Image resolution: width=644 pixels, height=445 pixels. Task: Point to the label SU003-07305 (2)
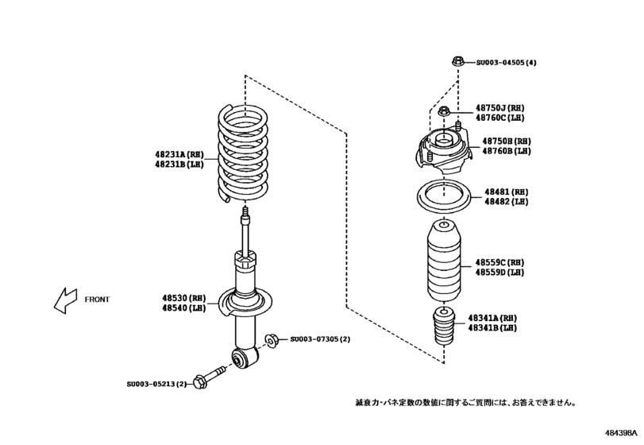[x=319, y=339]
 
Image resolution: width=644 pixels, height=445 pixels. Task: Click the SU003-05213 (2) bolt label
[x=156, y=385]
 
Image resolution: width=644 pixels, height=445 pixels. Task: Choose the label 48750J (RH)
[x=500, y=107]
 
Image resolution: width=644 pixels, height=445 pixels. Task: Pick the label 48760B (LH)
[x=506, y=150]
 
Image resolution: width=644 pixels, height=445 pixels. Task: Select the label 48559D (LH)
[x=499, y=272]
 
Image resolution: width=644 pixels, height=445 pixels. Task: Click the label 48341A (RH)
[x=492, y=316]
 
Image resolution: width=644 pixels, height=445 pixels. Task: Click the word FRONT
[x=97, y=300]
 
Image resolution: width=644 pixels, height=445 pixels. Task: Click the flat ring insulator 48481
[x=443, y=196]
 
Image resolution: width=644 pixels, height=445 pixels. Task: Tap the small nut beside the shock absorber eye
[x=269, y=340]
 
